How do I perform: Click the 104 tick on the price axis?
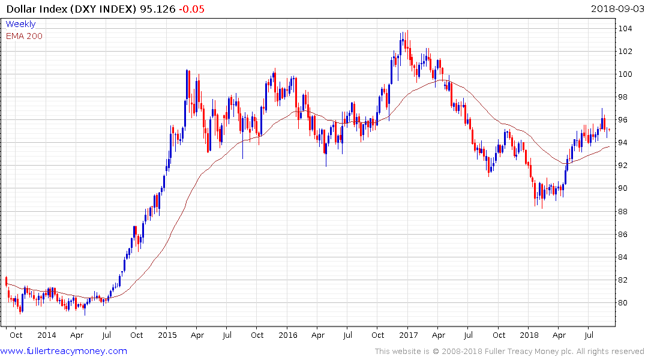click(x=627, y=29)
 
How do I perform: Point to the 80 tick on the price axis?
click(x=625, y=302)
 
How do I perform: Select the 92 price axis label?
click(x=625, y=166)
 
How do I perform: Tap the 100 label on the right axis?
click(x=627, y=74)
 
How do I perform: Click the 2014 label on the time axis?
click(x=46, y=335)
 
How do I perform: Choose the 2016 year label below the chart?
click(x=287, y=335)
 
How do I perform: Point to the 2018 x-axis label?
click(x=529, y=335)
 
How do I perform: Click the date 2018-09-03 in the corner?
click(x=616, y=8)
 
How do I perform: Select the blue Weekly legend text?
click(x=20, y=24)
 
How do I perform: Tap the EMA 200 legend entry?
click(x=24, y=36)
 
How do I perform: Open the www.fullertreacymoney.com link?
click(x=64, y=351)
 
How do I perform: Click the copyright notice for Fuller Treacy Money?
click(x=509, y=351)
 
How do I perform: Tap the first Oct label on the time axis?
click(x=16, y=335)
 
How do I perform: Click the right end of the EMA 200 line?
click(x=608, y=146)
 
